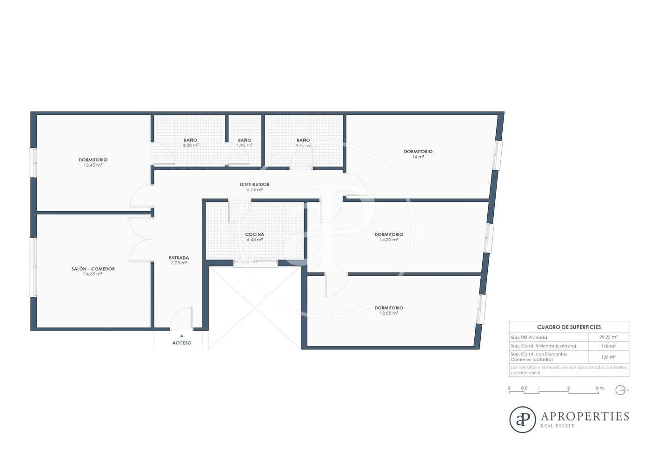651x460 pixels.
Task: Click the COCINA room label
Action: click(x=255, y=234)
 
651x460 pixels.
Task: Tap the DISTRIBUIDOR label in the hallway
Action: click(x=255, y=184)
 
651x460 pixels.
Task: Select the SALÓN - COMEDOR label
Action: click(x=93, y=269)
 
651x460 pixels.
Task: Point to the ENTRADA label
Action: click(x=179, y=258)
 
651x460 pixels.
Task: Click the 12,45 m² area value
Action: click(x=93, y=165)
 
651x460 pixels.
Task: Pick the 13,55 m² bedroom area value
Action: click(x=389, y=313)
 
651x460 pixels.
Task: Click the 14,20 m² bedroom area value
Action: click(x=389, y=240)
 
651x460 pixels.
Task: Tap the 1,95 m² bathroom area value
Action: click(x=245, y=146)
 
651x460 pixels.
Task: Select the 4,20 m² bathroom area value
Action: click(x=190, y=146)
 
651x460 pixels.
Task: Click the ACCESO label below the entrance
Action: click(x=182, y=343)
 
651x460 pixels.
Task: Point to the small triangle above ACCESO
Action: click(x=182, y=335)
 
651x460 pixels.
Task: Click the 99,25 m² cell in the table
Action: click(x=608, y=337)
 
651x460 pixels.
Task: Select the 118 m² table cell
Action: click(x=608, y=346)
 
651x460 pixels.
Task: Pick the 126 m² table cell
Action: click(x=608, y=357)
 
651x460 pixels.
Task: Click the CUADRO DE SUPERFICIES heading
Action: click(x=569, y=327)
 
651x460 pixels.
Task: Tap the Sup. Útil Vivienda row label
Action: click(x=529, y=337)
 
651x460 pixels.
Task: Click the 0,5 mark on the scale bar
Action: click(x=524, y=388)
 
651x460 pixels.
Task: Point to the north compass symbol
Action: click(x=620, y=390)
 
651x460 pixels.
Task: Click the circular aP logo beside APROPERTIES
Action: click(x=522, y=420)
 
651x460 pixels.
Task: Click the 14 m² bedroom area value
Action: click(x=418, y=157)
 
